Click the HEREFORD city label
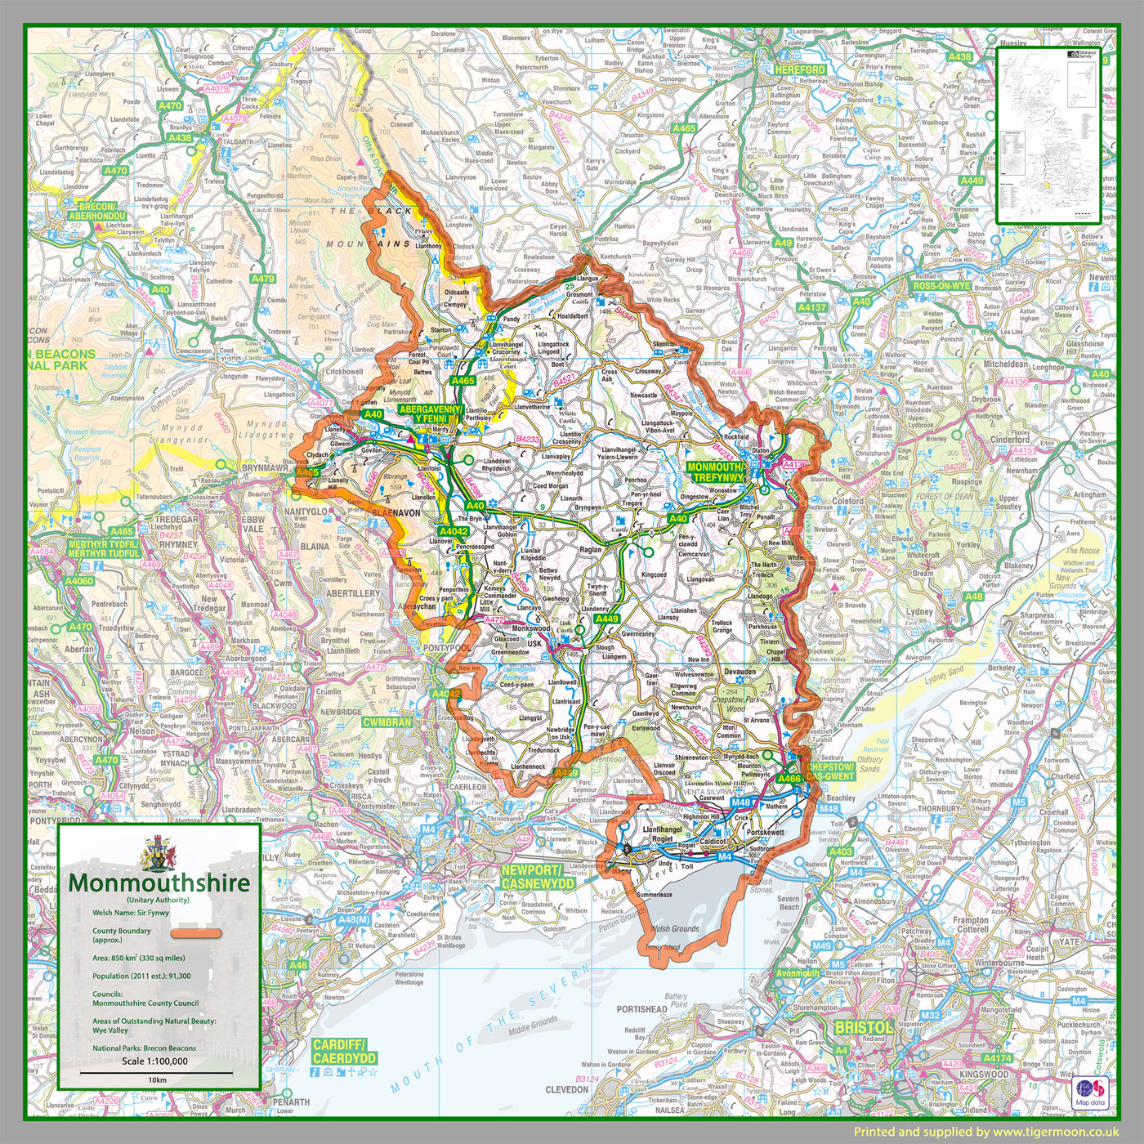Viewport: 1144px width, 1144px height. point(800,70)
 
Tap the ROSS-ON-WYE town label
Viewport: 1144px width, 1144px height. point(941,287)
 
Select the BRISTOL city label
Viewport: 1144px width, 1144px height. point(863,1027)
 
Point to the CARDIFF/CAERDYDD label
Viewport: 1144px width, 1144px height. point(344,1052)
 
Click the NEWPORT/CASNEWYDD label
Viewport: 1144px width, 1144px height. point(538,877)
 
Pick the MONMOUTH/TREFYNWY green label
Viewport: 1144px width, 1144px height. point(716,472)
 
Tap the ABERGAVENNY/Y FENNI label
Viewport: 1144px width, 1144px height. point(431,413)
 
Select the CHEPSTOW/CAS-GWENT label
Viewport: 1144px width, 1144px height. point(830,771)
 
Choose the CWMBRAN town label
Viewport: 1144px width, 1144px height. point(387,722)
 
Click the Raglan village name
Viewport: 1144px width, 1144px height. point(590,550)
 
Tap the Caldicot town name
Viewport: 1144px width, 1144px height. point(713,841)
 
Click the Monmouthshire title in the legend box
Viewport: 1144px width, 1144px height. point(159,883)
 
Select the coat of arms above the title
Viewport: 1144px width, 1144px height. point(159,853)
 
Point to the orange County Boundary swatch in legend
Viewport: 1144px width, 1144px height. point(196,933)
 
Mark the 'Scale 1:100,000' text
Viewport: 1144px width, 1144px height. point(154,1061)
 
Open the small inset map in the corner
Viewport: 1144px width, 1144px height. point(1048,135)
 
